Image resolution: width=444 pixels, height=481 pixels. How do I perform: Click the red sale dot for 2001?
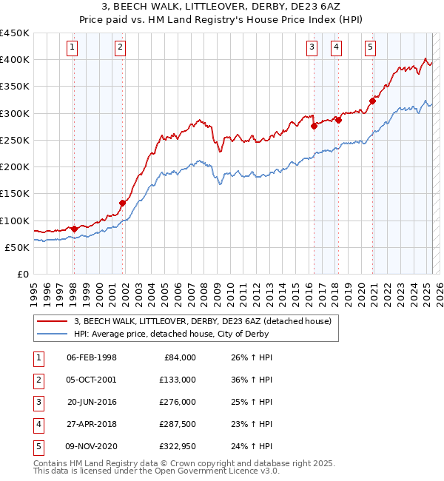pos(123,203)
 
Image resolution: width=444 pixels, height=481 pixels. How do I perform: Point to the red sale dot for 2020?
pos(372,101)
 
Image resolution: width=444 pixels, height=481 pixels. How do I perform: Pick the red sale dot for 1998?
pos(74,229)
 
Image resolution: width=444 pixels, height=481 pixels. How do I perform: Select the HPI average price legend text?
pos(171,334)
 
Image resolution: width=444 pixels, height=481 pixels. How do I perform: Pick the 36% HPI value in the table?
pos(253,380)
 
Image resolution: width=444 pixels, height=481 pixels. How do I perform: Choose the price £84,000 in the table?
pos(179,357)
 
